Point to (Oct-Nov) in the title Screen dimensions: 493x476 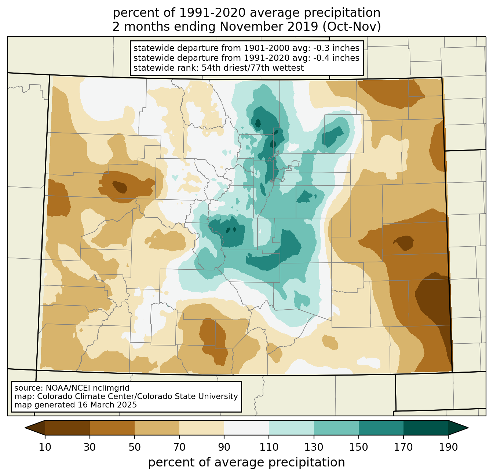pyautogui.click(x=351, y=27)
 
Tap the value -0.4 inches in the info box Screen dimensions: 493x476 pyautogui.click(x=336, y=58)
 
